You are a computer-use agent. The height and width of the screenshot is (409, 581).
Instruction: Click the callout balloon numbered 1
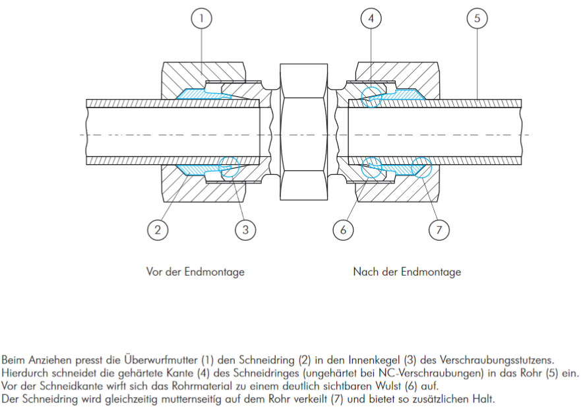point(202,18)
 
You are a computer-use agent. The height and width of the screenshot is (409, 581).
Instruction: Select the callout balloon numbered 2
point(158,230)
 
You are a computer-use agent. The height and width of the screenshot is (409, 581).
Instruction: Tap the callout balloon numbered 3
point(245,230)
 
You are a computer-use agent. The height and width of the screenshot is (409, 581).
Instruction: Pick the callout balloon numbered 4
point(371,18)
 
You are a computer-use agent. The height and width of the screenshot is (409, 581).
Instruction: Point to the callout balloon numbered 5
point(477,18)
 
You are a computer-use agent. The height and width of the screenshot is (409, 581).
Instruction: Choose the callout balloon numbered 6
point(344,230)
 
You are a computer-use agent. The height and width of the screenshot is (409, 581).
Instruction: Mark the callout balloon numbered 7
point(439,230)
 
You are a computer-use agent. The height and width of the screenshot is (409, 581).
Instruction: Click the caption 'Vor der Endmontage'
point(195,272)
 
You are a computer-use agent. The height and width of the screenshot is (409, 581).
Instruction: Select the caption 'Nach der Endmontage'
point(407,272)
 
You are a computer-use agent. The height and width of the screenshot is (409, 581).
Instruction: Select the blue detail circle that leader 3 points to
point(230,167)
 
